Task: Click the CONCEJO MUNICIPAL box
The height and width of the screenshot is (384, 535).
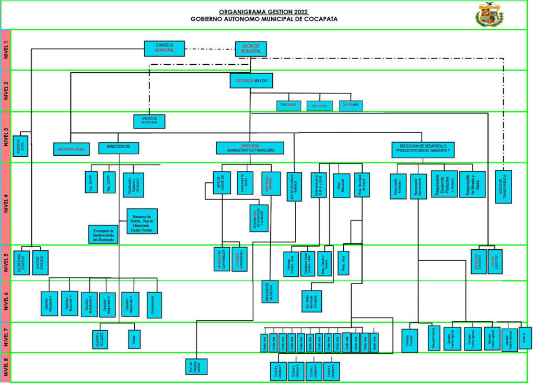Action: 164,48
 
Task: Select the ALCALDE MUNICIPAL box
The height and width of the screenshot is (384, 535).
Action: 251,49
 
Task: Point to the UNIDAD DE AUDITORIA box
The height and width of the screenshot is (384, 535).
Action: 149,121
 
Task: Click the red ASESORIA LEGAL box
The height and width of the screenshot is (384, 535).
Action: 72,149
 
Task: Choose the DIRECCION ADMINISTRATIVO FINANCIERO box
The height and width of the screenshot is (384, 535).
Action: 250,148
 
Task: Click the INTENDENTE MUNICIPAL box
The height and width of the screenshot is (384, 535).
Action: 271,291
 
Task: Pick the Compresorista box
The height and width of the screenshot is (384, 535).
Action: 155,304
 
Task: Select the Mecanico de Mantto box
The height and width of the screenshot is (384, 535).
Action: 142,221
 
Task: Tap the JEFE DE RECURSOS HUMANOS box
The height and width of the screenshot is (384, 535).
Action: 294,187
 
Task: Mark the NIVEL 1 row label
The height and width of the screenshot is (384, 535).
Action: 6,50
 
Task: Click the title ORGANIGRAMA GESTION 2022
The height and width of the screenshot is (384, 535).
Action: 264,11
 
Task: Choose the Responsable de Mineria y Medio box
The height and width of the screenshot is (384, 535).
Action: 472,184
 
